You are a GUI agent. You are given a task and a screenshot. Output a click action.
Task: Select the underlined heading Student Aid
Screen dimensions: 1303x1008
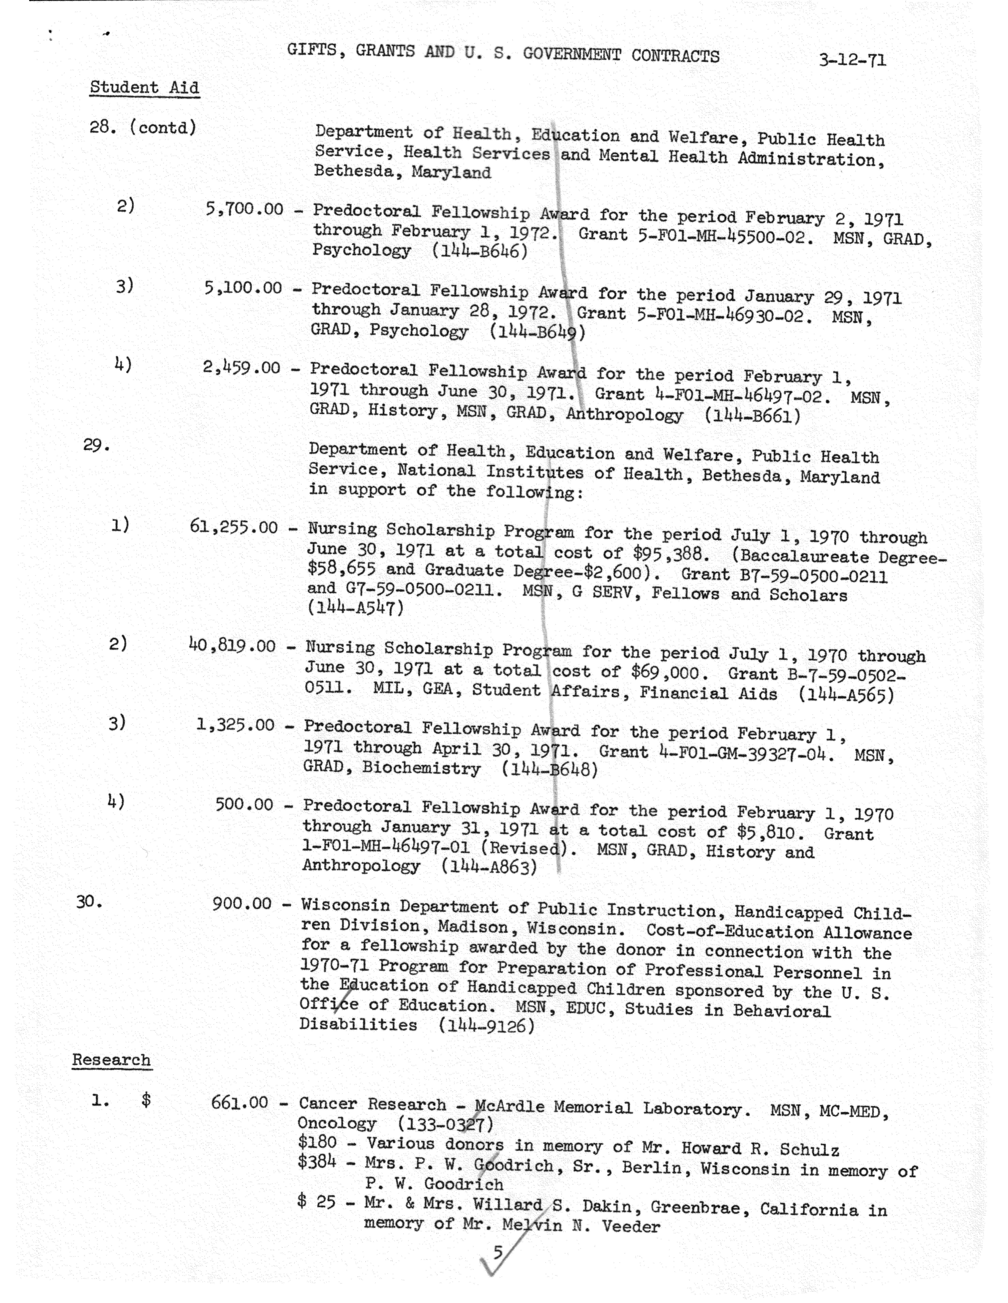144,88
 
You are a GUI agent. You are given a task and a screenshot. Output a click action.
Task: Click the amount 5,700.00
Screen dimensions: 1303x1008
245,209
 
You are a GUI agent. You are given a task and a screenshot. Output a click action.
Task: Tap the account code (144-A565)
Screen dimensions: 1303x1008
846,695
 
